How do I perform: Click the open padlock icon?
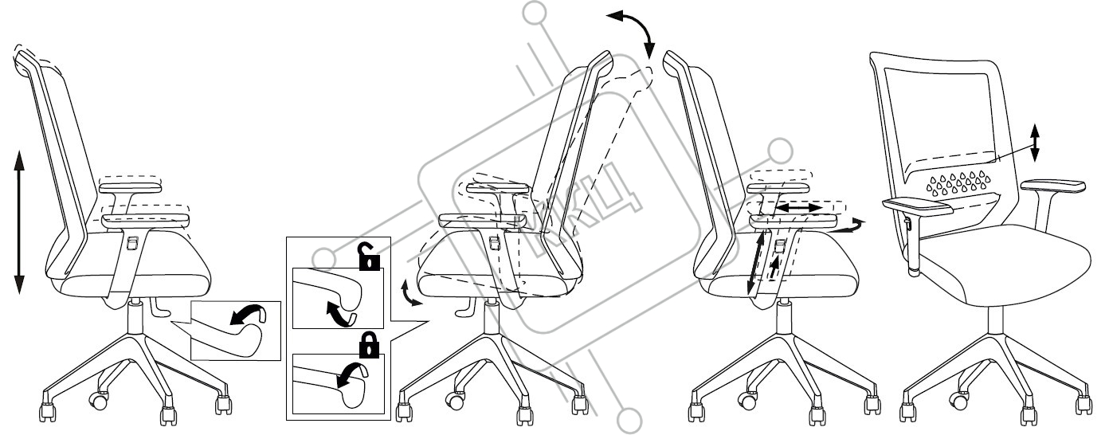pos(368,259)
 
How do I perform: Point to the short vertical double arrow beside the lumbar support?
pos(1034,143)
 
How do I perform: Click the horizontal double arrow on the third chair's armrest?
pos(799,207)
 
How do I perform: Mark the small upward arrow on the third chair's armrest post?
pos(776,264)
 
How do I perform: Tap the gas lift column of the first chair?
pos(135,315)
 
